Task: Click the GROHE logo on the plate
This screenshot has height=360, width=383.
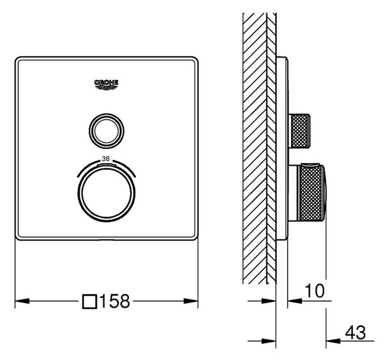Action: pyautogui.click(x=106, y=84)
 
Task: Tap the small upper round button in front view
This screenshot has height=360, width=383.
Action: pyautogui.click(x=107, y=131)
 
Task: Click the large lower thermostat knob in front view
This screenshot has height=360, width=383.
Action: pyautogui.click(x=107, y=193)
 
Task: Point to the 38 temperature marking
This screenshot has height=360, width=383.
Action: pyautogui.click(x=106, y=159)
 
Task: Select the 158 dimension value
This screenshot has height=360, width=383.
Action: pyautogui.click(x=115, y=301)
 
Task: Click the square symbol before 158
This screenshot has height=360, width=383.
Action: pyautogui.click(x=89, y=302)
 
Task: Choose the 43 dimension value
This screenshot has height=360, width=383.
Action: pyautogui.click(x=356, y=333)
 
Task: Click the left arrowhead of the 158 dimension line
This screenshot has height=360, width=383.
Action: pyautogui.click(x=22, y=301)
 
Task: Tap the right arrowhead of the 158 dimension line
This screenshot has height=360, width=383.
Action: pyautogui.click(x=190, y=301)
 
